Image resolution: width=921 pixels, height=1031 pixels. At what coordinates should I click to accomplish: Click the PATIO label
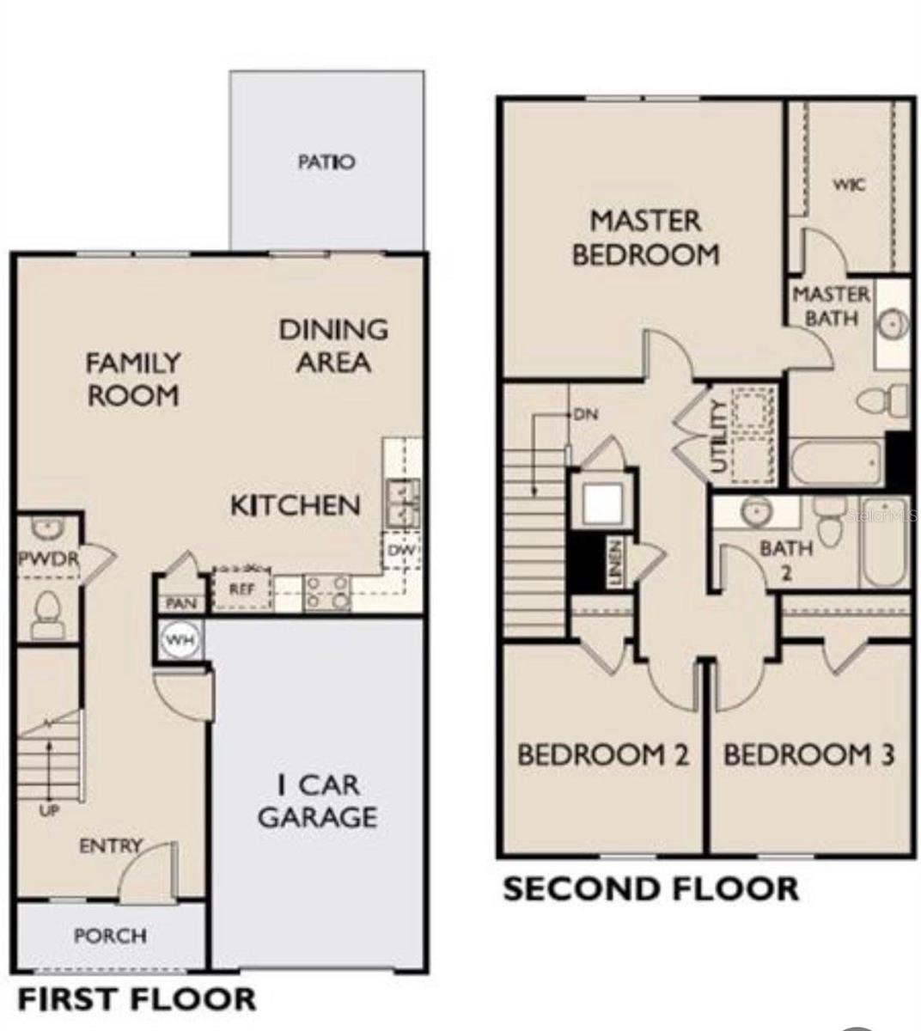tap(326, 162)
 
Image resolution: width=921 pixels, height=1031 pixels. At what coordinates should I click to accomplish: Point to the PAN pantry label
tap(180, 604)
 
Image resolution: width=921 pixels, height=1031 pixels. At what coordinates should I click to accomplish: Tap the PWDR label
tap(48, 559)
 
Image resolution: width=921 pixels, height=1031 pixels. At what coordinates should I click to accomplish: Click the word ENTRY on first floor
tap(110, 846)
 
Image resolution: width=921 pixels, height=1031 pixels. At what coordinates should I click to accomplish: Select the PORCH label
tap(110, 936)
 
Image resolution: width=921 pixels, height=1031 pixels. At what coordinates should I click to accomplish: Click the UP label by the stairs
tap(49, 809)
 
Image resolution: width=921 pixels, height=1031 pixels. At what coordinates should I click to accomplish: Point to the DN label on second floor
tap(585, 414)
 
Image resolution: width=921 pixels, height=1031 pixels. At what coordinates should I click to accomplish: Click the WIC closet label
tap(849, 184)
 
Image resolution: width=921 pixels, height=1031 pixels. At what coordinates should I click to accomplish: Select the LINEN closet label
tap(615, 564)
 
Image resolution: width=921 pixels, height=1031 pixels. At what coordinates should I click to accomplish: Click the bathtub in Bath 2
tap(885, 541)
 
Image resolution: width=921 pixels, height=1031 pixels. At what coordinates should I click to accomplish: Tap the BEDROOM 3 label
tap(808, 755)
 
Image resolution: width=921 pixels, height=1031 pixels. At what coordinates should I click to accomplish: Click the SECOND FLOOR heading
tap(650, 889)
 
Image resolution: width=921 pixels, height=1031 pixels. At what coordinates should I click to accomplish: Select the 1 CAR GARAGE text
tap(317, 801)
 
